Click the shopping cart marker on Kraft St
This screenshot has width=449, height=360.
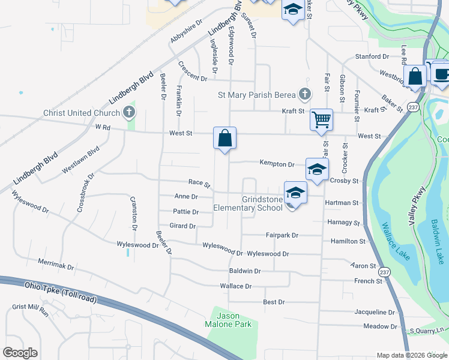(321, 119)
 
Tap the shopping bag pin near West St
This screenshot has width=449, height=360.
(224, 138)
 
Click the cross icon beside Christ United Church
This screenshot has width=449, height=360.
(128, 112)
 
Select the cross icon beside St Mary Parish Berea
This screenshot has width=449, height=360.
(305, 94)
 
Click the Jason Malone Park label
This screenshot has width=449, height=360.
(229, 320)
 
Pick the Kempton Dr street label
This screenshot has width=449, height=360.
(277, 163)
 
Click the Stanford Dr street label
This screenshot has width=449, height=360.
(372, 56)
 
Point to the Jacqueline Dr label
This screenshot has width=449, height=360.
(375, 313)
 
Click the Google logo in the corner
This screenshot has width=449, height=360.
(20, 352)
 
